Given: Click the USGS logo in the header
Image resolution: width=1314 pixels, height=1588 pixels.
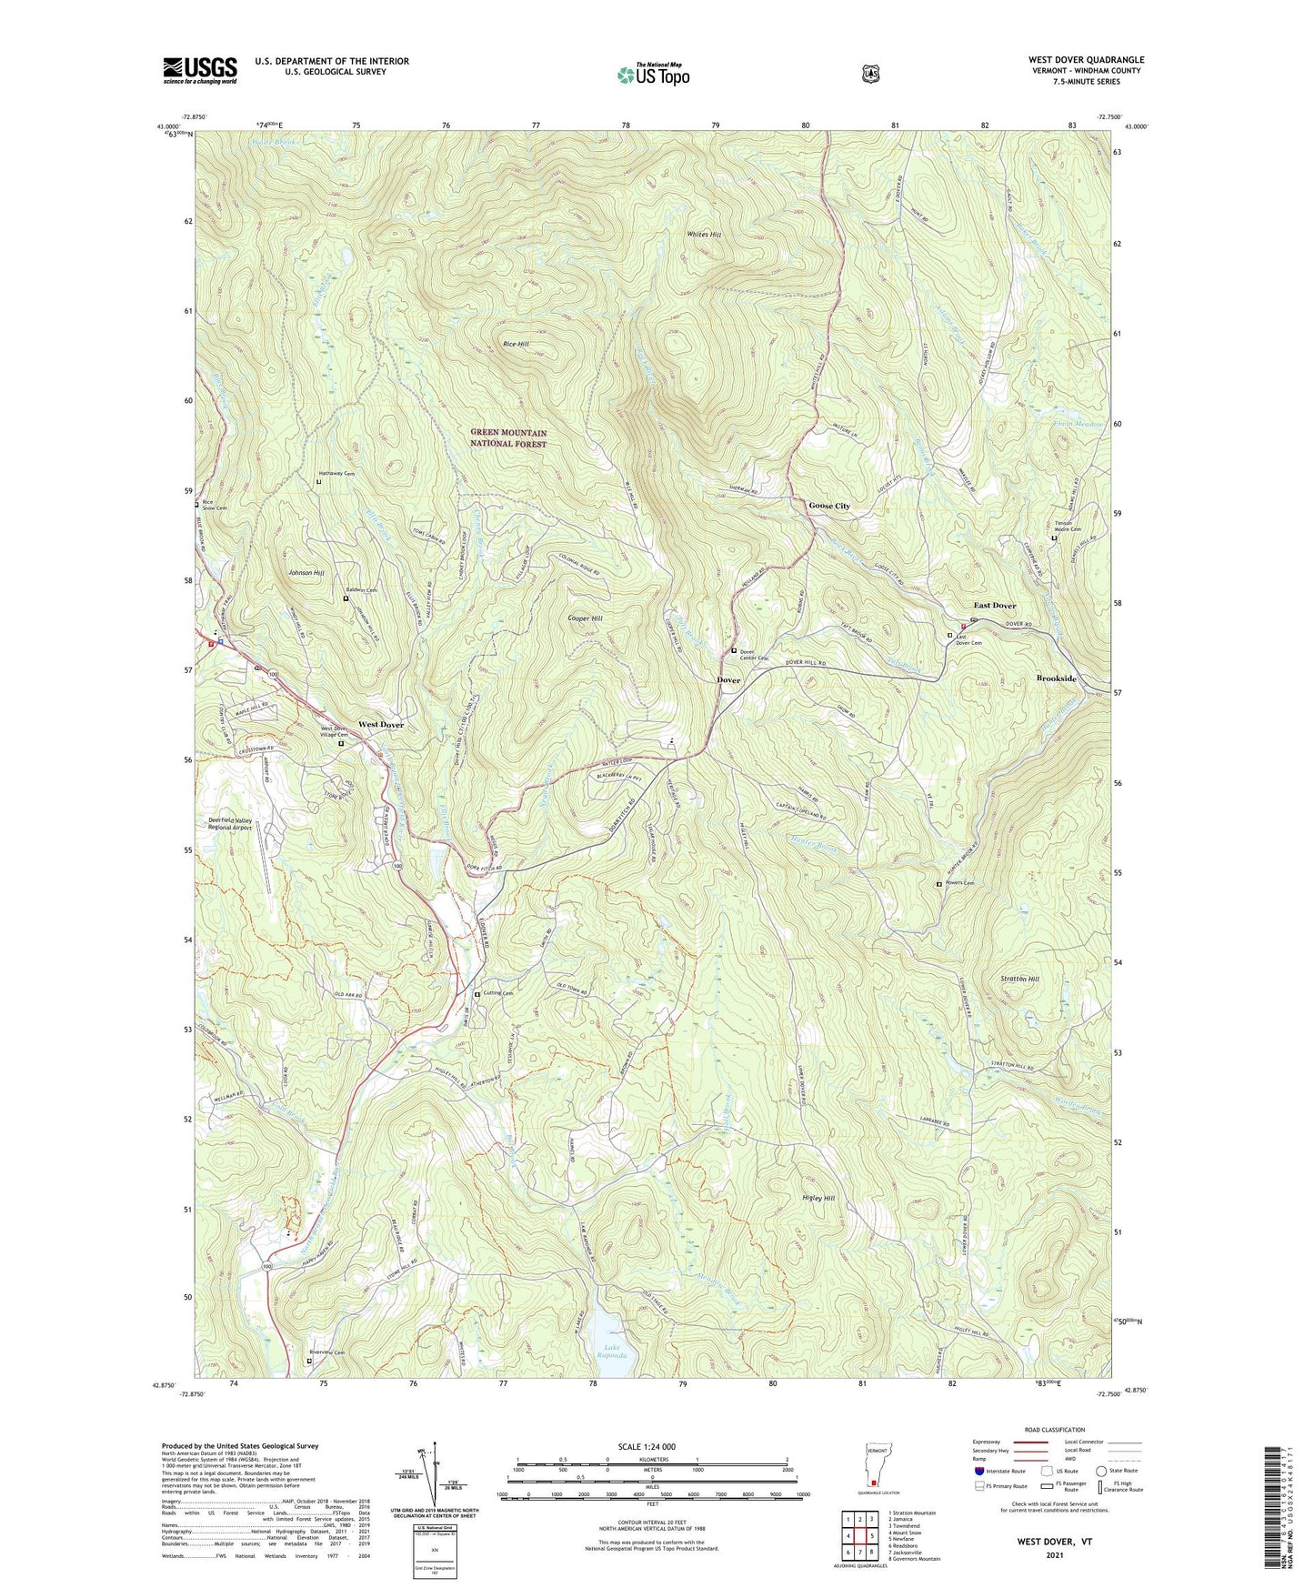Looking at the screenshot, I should pyautogui.click(x=200, y=70).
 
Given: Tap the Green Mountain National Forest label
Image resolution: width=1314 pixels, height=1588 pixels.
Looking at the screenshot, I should pyautogui.click(x=508, y=438).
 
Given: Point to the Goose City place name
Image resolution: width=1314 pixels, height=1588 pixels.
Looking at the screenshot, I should pyautogui.click(x=829, y=506).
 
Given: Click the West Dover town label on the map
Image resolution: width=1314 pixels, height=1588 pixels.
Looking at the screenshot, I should pyautogui.click(x=380, y=725).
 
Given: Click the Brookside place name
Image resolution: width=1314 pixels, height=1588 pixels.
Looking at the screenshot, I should pyautogui.click(x=1056, y=679).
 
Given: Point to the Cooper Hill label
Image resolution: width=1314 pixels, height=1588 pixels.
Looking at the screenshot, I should pyautogui.click(x=585, y=618).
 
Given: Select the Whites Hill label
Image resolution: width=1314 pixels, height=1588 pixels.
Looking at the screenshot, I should pyautogui.click(x=704, y=235).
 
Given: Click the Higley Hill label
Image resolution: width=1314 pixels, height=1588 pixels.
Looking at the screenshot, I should pyautogui.click(x=818, y=1199).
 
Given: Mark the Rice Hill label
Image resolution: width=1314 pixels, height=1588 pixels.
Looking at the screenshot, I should pyautogui.click(x=516, y=345).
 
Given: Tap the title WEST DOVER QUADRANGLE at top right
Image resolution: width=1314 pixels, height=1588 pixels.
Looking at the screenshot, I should pyautogui.click(x=1087, y=60).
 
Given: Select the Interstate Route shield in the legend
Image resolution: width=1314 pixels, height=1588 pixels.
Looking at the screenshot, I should pyautogui.click(x=979, y=1471).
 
